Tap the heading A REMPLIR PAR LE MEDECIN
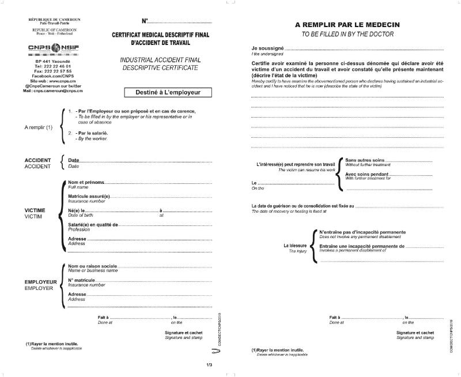tap(347, 25)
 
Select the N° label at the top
tap(145, 21)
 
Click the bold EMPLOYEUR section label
tap(40, 281)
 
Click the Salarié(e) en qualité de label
tap(93, 224)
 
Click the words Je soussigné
tap(268, 47)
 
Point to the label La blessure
tap(295, 246)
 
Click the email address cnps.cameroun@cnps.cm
tap(57, 91)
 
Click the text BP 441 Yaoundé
tap(52, 61)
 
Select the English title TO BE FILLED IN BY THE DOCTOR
tap(347, 35)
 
